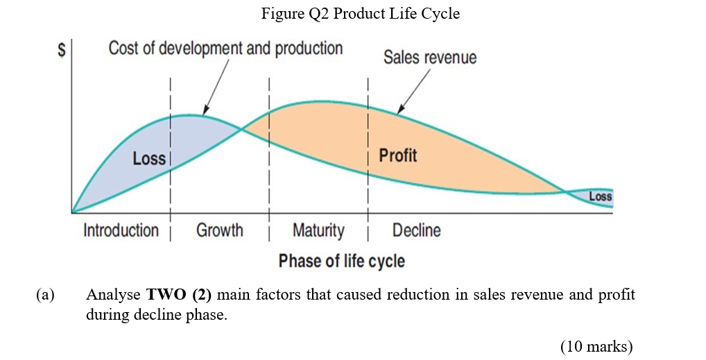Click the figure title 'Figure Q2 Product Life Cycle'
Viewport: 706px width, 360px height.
[360, 13]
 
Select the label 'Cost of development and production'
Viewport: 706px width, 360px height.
[225, 49]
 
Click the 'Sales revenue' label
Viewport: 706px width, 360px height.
[430, 57]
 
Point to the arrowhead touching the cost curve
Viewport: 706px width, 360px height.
[205, 112]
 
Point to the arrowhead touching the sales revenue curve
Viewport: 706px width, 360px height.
[399, 110]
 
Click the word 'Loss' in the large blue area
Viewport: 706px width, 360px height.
[149, 159]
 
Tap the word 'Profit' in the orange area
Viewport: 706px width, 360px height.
[398, 155]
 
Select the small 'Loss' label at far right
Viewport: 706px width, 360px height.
[600, 197]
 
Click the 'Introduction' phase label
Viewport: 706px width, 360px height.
[121, 230]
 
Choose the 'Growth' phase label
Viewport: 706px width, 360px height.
[219, 230]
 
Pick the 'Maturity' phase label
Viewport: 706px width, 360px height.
[318, 230]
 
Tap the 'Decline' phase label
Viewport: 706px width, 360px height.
[416, 230]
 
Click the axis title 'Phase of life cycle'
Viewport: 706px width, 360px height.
[341, 261]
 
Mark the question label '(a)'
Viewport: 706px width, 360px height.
[45, 295]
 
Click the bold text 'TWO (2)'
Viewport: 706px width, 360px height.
[179, 295]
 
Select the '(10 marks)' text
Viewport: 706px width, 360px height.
[596, 346]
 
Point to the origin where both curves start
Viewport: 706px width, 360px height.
[72, 212]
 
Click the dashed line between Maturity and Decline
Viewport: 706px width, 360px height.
[368, 139]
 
